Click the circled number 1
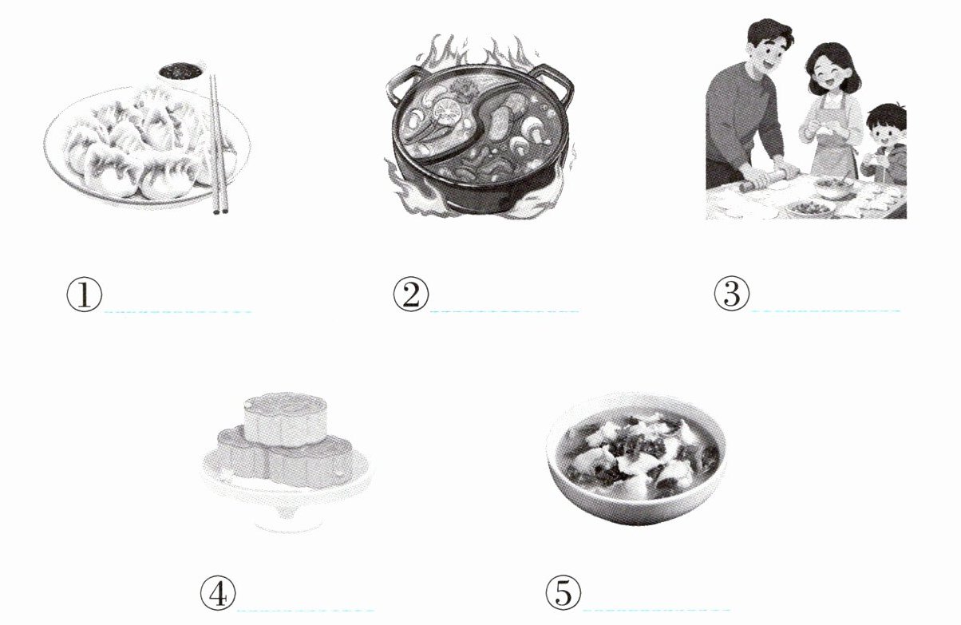pyautogui.click(x=85, y=295)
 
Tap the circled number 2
pyautogui.click(x=411, y=295)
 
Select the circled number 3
pyautogui.click(x=732, y=294)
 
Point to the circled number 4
pyautogui.click(x=218, y=593)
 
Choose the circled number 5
pyautogui.click(x=564, y=592)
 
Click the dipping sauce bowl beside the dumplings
pyautogui.click(x=181, y=76)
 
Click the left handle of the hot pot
pyautogui.click(x=401, y=88)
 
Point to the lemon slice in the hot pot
pyautogui.click(x=447, y=111)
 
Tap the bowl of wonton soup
pyautogui.click(x=636, y=457)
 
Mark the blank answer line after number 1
pyautogui.click(x=178, y=311)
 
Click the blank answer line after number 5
pyautogui.click(x=656, y=609)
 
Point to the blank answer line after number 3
pyautogui.click(x=826, y=311)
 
